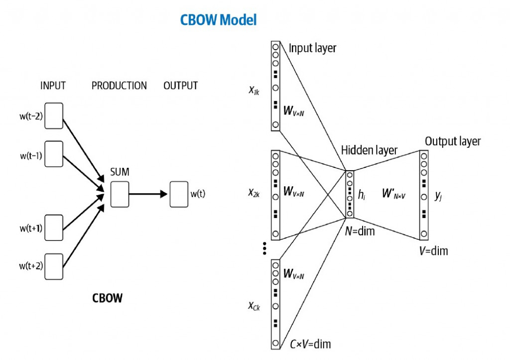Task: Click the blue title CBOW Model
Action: click(x=218, y=20)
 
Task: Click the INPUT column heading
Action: click(x=53, y=86)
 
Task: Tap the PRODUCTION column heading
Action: click(x=119, y=86)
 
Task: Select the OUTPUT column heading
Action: click(x=180, y=86)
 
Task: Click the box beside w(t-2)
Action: click(x=54, y=116)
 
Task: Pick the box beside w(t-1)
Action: click(x=54, y=154)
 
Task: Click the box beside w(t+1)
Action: click(x=54, y=228)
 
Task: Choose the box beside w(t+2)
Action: click(x=54, y=266)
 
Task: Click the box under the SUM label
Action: click(x=120, y=194)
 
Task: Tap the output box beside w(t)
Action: click(x=179, y=194)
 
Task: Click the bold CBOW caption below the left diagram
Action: click(x=107, y=299)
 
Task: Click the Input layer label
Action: click(x=313, y=48)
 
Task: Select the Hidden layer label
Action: click(x=369, y=150)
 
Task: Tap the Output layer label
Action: click(x=453, y=141)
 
